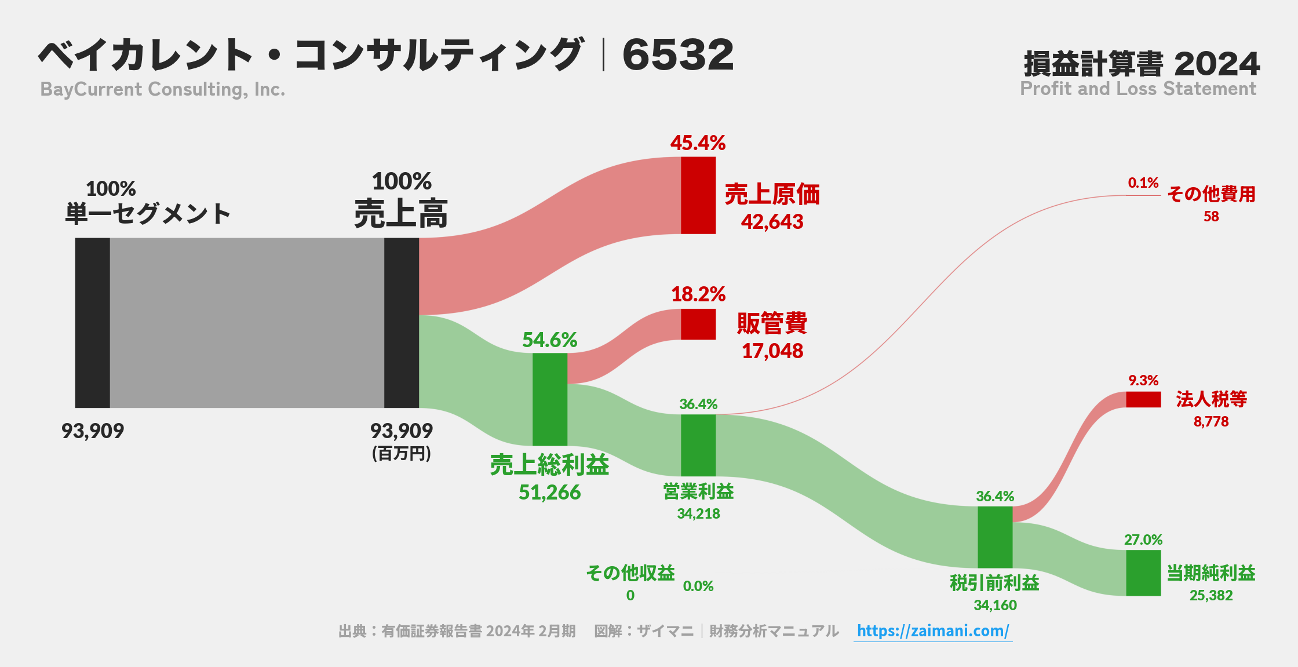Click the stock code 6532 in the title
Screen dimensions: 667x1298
(677, 55)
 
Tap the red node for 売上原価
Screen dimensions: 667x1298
(698, 195)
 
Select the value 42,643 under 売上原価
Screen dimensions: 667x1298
(772, 222)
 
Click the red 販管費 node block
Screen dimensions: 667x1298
(698, 324)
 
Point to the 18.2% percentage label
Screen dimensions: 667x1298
(698, 294)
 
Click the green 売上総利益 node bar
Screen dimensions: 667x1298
(549, 399)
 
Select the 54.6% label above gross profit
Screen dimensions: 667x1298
(549, 340)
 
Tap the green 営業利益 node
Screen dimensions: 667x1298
(698, 445)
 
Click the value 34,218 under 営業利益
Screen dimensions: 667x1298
(698, 514)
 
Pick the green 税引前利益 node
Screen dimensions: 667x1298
(994, 537)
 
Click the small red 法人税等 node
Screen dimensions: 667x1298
(1143, 399)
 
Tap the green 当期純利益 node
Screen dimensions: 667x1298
(1143, 573)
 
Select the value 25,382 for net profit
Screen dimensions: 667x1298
(1211, 596)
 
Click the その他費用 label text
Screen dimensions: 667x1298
(1211, 194)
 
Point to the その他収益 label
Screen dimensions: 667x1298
(630, 573)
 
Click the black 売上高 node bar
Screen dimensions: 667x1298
(401, 323)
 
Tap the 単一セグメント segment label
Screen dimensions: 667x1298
(148, 214)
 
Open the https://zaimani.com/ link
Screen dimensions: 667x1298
(932, 631)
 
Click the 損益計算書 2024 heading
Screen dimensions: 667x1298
(1141, 64)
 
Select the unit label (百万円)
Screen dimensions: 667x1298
(401, 454)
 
